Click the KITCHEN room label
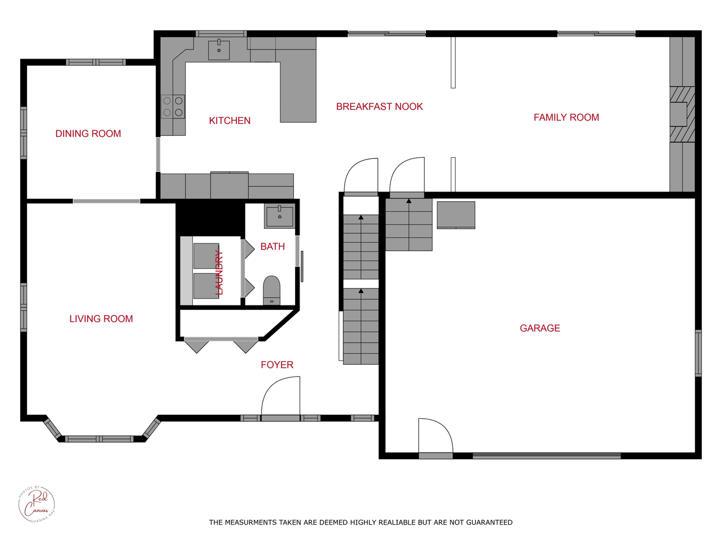click(230, 121)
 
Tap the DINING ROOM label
click(88, 134)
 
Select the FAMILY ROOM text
click(566, 117)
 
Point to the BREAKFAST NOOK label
click(379, 107)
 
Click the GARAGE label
click(540, 328)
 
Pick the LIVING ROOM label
click(101, 319)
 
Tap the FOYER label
click(277, 365)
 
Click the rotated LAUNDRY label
click(219, 273)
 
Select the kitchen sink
click(219, 50)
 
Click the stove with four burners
click(173, 107)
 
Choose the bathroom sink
click(279, 216)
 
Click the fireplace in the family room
click(680, 114)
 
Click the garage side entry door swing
click(435, 437)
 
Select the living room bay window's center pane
click(99, 439)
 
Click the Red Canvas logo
click(37, 504)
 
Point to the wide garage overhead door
click(546, 455)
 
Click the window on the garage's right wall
click(698, 353)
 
